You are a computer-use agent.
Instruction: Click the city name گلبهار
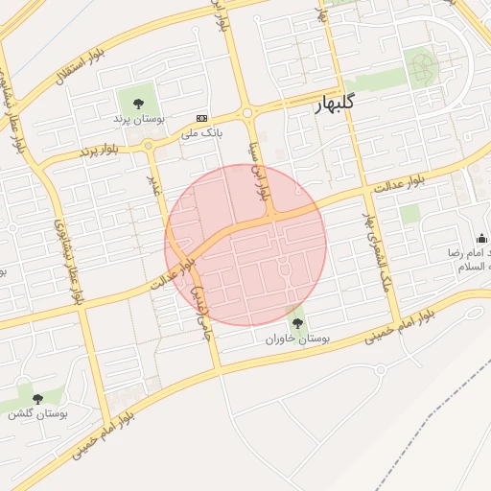click(342, 106)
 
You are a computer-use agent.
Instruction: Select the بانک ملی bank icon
click(201, 116)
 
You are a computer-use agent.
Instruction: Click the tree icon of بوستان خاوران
click(296, 323)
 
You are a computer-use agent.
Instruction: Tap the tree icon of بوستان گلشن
click(38, 398)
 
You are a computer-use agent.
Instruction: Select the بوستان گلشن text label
click(35, 413)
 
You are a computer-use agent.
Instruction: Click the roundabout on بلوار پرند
click(149, 146)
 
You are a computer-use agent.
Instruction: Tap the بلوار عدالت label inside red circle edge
click(173, 274)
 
